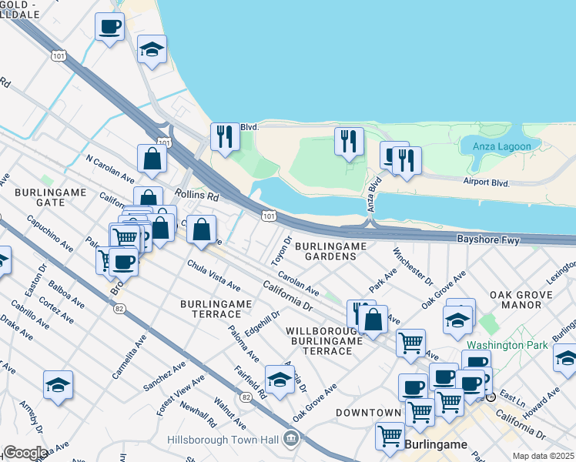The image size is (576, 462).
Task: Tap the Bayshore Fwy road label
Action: pos(489,240)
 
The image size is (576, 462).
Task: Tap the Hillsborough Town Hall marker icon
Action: pos(291,440)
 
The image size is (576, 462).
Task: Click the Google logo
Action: pos(25,453)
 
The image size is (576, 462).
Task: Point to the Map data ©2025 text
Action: pos(543,456)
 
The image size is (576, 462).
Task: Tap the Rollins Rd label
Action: pos(197,196)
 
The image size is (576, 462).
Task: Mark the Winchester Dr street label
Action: pos(413,265)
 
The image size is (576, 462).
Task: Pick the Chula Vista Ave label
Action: pos(213,276)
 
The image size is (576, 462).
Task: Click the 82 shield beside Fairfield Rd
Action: pos(246,397)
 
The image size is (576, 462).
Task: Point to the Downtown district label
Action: pos(367,413)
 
